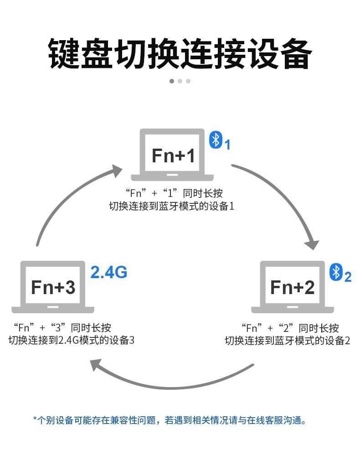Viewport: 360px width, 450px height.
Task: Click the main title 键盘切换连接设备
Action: (180, 54)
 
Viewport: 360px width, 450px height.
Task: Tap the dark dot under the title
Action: (172, 81)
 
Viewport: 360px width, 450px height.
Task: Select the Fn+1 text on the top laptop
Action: (173, 155)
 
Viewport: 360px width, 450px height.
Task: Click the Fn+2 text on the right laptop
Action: (292, 287)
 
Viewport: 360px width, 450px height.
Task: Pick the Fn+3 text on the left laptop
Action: (53, 287)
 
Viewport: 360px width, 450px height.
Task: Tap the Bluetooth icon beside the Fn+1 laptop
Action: (216, 140)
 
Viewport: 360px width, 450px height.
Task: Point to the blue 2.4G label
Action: (109, 272)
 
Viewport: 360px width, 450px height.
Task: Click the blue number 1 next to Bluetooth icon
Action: (227, 145)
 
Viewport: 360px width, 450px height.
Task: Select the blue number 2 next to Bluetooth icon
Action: (348, 277)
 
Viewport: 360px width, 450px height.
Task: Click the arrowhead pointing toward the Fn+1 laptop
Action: (117, 171)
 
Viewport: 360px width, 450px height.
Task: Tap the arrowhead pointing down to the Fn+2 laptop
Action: (312, 244)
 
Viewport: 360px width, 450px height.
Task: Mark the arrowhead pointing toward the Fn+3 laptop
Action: (96, 365)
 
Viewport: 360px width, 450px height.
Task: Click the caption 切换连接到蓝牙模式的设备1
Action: (172, 206)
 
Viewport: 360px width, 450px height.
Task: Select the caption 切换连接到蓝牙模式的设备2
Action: (288, 341)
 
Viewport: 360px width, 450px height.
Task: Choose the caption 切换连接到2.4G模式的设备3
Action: (72, 340)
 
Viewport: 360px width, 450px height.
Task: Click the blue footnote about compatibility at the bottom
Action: (170, 420)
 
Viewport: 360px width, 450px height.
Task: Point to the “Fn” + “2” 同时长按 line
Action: (290, 328)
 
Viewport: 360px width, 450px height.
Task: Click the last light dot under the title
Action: (188, 81)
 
